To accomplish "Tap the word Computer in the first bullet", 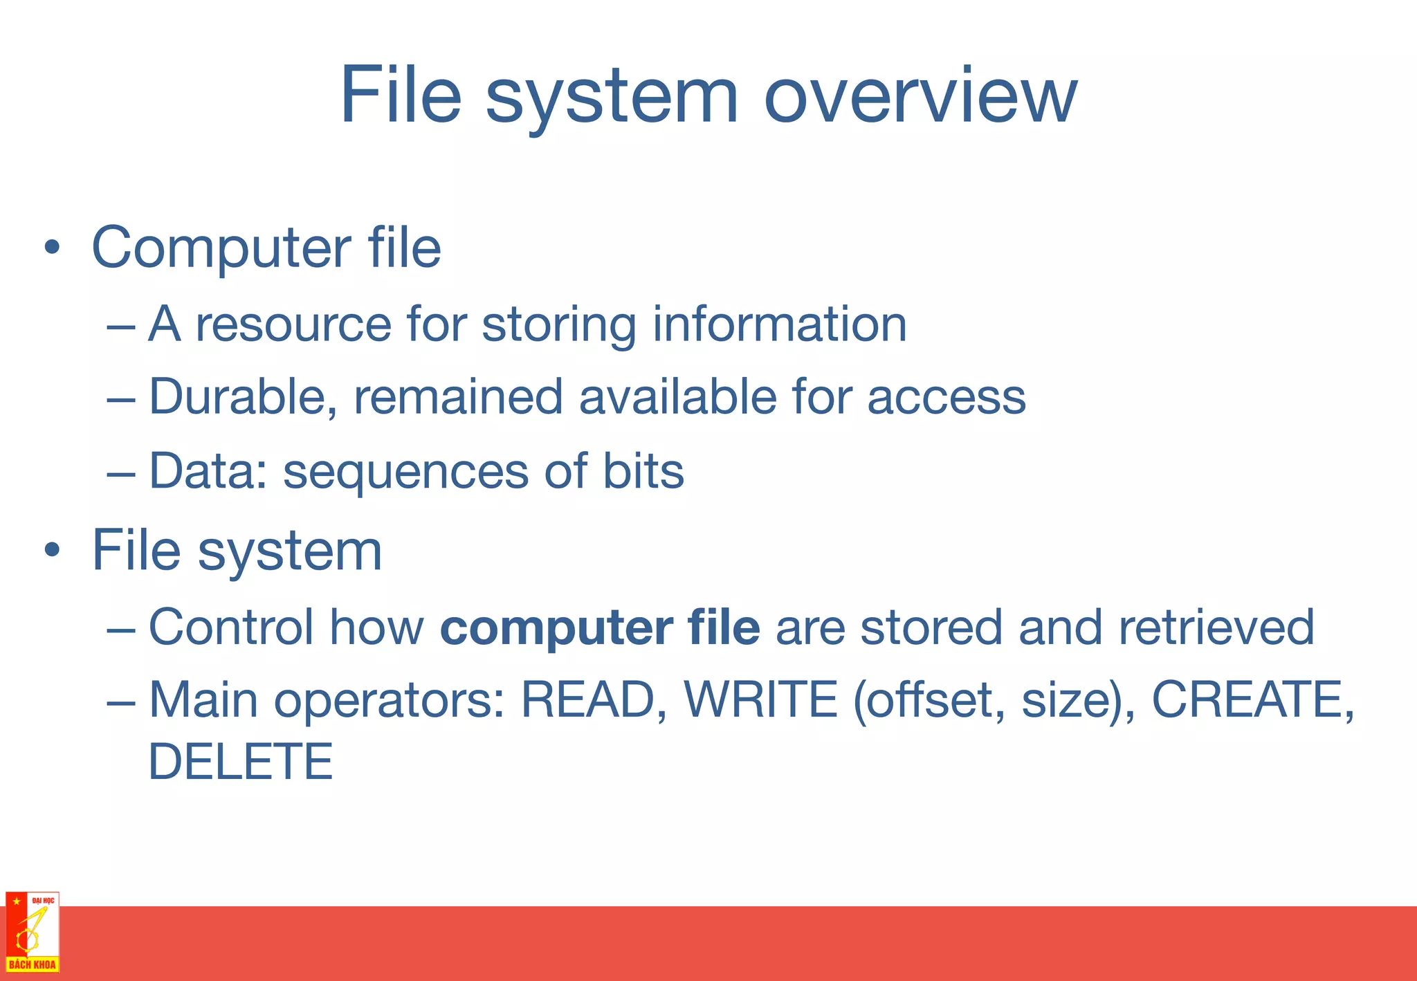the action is click(x=221, y=248).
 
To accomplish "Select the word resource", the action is click(x=293, y=324).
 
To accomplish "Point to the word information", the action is click(x=780, y=324).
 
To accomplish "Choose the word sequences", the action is click(x=406, y=472).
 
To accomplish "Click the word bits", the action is click(x=643, y=470).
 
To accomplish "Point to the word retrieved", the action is click(x=1216, y=627).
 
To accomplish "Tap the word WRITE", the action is click(x=761, y=700).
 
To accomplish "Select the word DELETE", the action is click(x=241, y=762).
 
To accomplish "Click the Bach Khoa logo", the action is click(x=33, y=931).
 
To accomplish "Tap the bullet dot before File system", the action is click(x=52, y=551).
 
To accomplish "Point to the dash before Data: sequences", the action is click(x=121, y=473).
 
